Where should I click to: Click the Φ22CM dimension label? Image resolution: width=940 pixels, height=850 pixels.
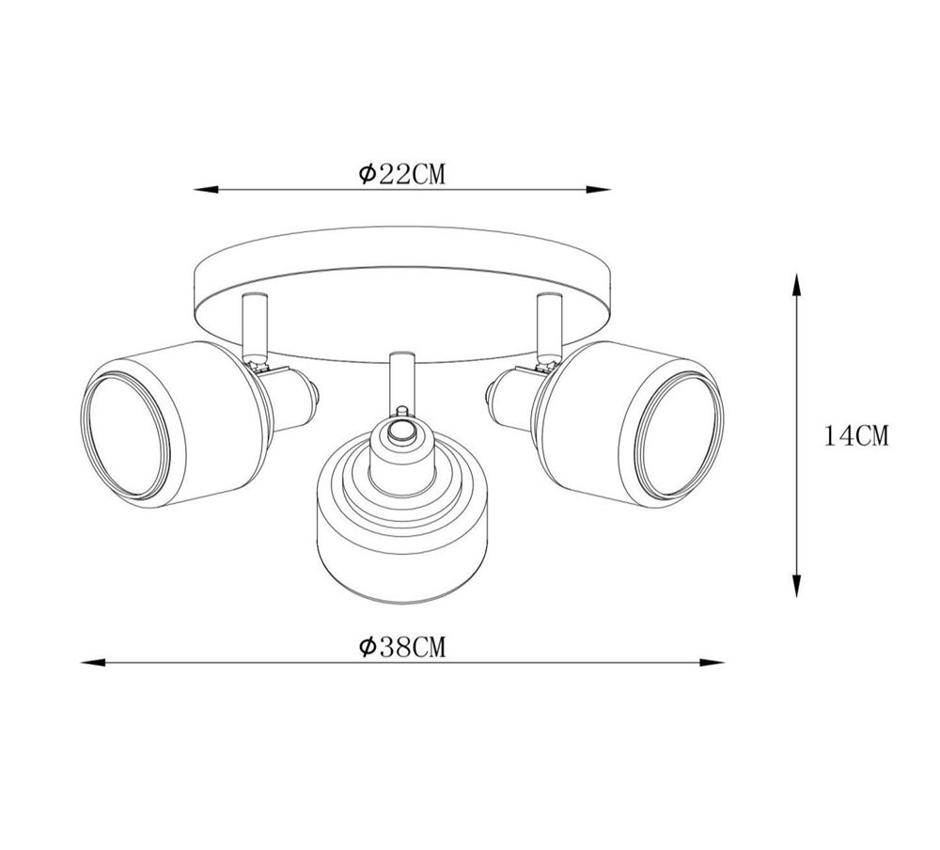[402, 174]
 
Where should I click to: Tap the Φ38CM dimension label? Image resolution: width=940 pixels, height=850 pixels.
[402, 647]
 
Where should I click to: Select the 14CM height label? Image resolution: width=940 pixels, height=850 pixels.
[856, 435]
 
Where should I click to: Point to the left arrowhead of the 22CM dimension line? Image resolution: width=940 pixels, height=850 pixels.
[205, 190]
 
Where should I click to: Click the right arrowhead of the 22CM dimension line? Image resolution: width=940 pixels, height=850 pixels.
[599, 190]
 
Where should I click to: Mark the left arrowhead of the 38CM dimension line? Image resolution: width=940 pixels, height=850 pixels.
[93, 663]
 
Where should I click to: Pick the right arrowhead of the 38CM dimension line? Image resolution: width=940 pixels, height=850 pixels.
[713, 663]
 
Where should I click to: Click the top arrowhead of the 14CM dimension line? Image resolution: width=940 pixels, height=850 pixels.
[796, 285]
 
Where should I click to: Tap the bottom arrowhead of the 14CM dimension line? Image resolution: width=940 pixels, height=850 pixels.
[796, 586]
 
